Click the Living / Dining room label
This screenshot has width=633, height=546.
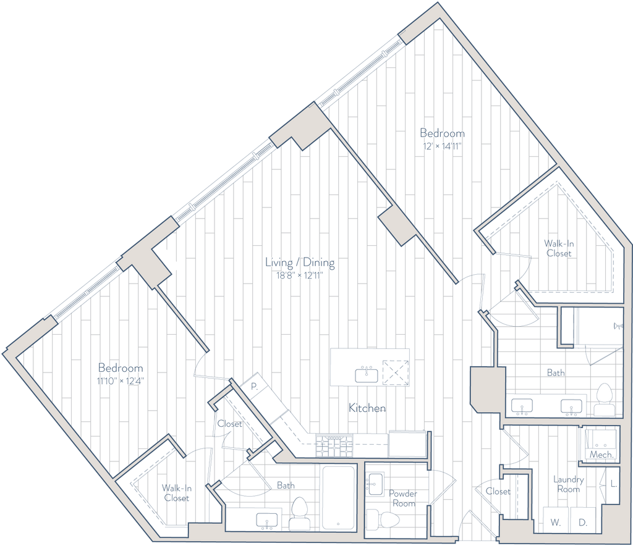coord(300,262)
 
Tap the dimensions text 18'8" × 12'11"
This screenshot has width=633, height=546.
coord(300,275)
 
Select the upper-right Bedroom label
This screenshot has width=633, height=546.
coord(442,133)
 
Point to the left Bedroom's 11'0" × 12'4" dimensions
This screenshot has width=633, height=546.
coord(121,381)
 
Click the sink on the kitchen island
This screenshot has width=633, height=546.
coord(365,374)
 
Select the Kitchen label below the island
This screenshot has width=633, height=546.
coord(368,408)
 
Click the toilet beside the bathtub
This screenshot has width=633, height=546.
coord(299,511)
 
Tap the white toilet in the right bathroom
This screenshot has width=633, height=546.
coord(603,398)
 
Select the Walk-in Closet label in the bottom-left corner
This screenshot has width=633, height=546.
coord(177,492)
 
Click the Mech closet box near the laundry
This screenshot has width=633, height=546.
coord(599,444)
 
